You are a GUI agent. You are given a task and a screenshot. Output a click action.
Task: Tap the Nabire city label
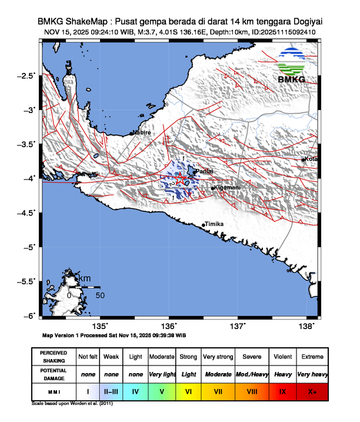[x=142, y=133]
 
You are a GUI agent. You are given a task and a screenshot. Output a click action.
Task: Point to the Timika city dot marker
[x=204, y=225]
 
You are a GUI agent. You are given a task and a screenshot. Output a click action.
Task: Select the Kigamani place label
[x=228, y=188]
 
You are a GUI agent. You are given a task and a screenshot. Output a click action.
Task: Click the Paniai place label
[x=204, y=171]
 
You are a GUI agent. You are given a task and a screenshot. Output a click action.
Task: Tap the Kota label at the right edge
[x=311, y=159]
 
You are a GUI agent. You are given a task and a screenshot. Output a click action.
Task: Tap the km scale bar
[x=84, y=287]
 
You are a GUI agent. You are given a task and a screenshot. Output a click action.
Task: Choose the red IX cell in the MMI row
[x=282, y=390]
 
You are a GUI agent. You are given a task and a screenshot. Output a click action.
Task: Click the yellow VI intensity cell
[x=188, y=390]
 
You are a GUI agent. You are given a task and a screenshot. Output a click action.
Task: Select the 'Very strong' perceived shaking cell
[x=218, y=357]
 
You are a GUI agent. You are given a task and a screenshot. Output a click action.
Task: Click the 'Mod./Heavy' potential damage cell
[x=252, y=374]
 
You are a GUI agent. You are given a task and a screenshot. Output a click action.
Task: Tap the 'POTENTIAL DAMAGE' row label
[x=54, y=374]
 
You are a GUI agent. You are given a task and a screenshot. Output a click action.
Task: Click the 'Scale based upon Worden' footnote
[x=71, y=404]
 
